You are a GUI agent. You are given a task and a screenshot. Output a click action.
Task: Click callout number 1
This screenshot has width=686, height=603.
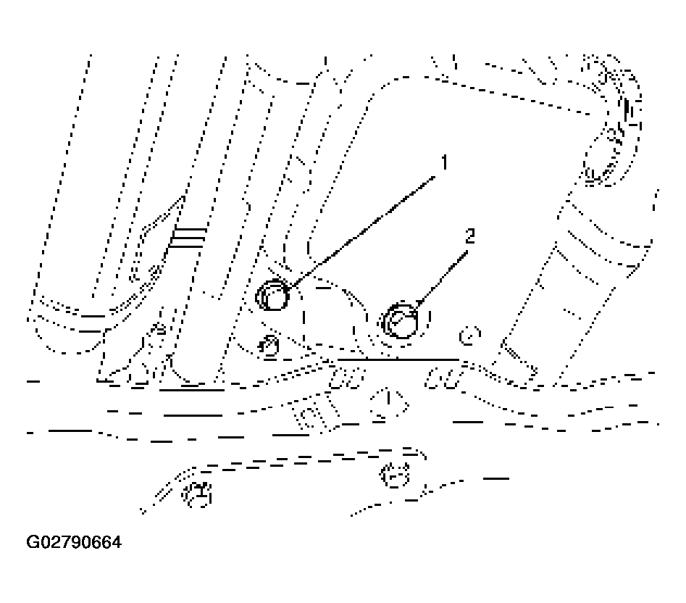[445, 162]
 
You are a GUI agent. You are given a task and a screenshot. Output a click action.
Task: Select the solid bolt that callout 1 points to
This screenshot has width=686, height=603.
[273, 296]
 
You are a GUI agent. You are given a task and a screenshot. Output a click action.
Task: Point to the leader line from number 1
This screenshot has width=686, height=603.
[361, 231]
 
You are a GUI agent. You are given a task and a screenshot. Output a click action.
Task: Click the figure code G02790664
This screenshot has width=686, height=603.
[74, 542]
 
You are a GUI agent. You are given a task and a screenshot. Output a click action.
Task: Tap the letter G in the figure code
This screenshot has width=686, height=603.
[32, 542]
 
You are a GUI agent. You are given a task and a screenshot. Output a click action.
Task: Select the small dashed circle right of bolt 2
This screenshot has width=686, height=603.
[469, 336]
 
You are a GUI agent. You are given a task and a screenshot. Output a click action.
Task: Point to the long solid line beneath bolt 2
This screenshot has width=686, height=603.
[398, 359]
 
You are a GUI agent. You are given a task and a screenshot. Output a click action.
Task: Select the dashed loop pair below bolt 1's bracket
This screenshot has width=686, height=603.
[346, 378]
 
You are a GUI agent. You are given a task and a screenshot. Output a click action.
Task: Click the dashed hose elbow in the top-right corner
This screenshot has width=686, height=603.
[613, 122]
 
